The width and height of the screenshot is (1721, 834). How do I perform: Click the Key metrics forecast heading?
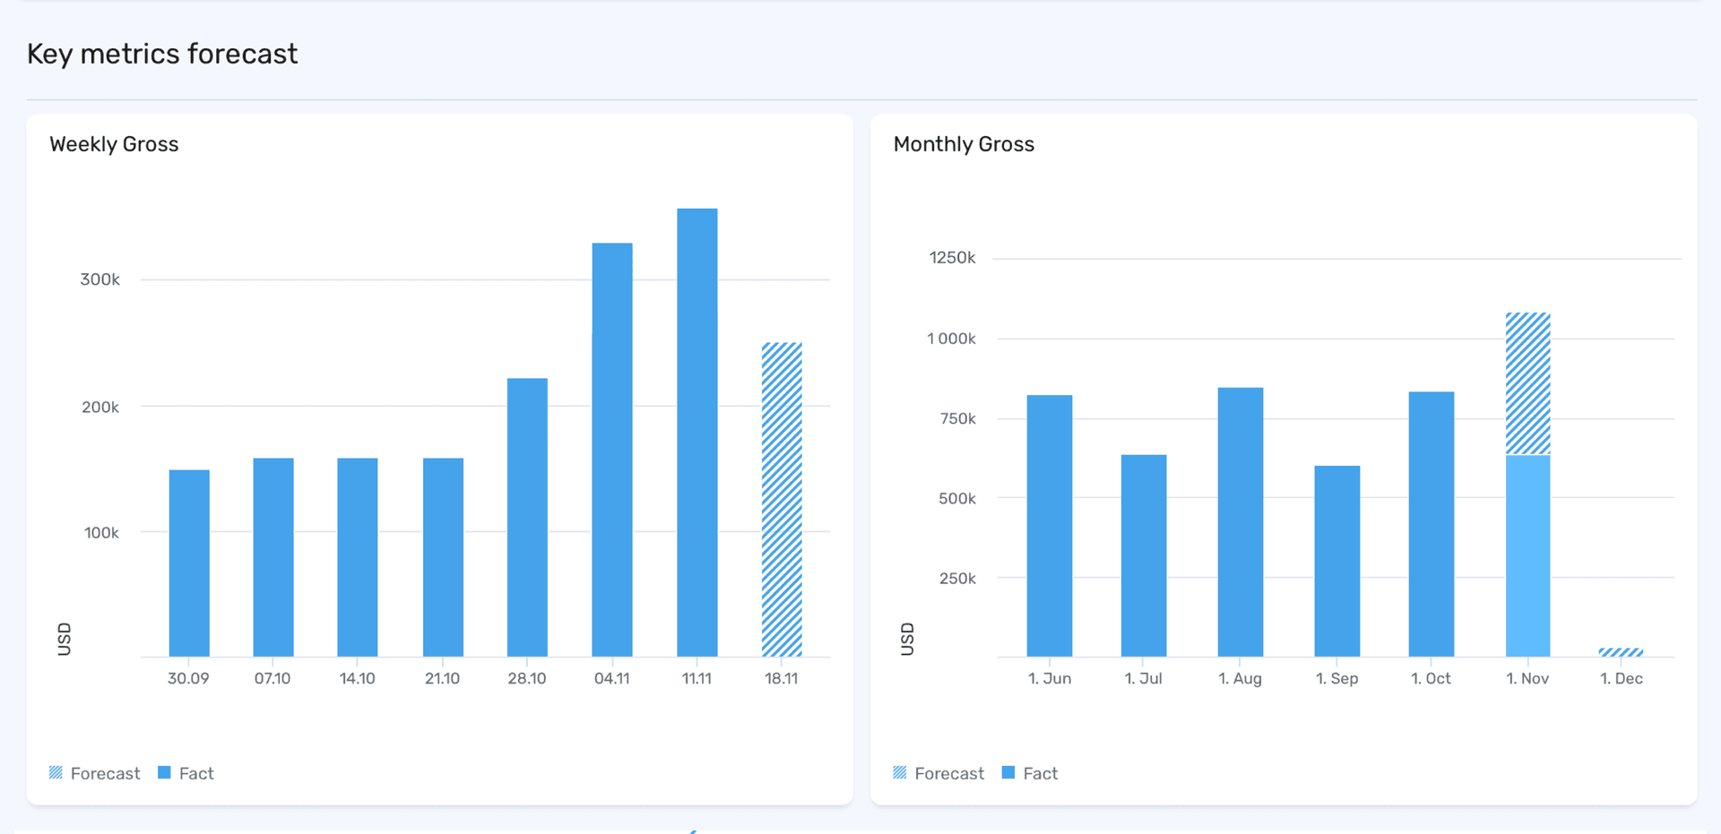162,54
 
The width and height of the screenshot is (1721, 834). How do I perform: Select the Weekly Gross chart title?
114,144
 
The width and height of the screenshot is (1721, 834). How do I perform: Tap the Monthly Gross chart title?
964,144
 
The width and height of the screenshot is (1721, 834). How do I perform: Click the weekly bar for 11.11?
696,433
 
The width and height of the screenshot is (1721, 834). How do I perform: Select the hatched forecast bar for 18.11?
782,499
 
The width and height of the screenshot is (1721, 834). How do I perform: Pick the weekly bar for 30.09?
189,563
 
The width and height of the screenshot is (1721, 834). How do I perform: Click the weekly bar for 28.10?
527,517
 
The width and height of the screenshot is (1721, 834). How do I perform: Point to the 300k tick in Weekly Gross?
99,279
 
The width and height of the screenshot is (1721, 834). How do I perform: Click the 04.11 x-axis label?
611,678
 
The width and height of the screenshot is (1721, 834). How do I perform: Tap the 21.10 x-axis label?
442,678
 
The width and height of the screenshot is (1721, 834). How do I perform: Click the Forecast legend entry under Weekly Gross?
95,773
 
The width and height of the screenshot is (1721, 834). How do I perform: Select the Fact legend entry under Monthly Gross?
1030,773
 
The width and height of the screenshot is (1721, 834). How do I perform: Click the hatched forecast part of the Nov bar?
1527,383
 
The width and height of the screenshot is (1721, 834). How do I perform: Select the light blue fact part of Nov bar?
1527,555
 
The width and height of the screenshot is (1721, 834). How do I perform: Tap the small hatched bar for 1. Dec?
1621,652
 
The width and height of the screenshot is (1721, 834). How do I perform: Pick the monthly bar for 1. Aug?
1240,521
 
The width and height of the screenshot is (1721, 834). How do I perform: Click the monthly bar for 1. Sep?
1336,561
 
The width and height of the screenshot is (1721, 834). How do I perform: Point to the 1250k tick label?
952,258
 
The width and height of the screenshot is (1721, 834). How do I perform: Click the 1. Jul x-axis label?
1143,678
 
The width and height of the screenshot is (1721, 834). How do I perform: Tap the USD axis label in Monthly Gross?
907,639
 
